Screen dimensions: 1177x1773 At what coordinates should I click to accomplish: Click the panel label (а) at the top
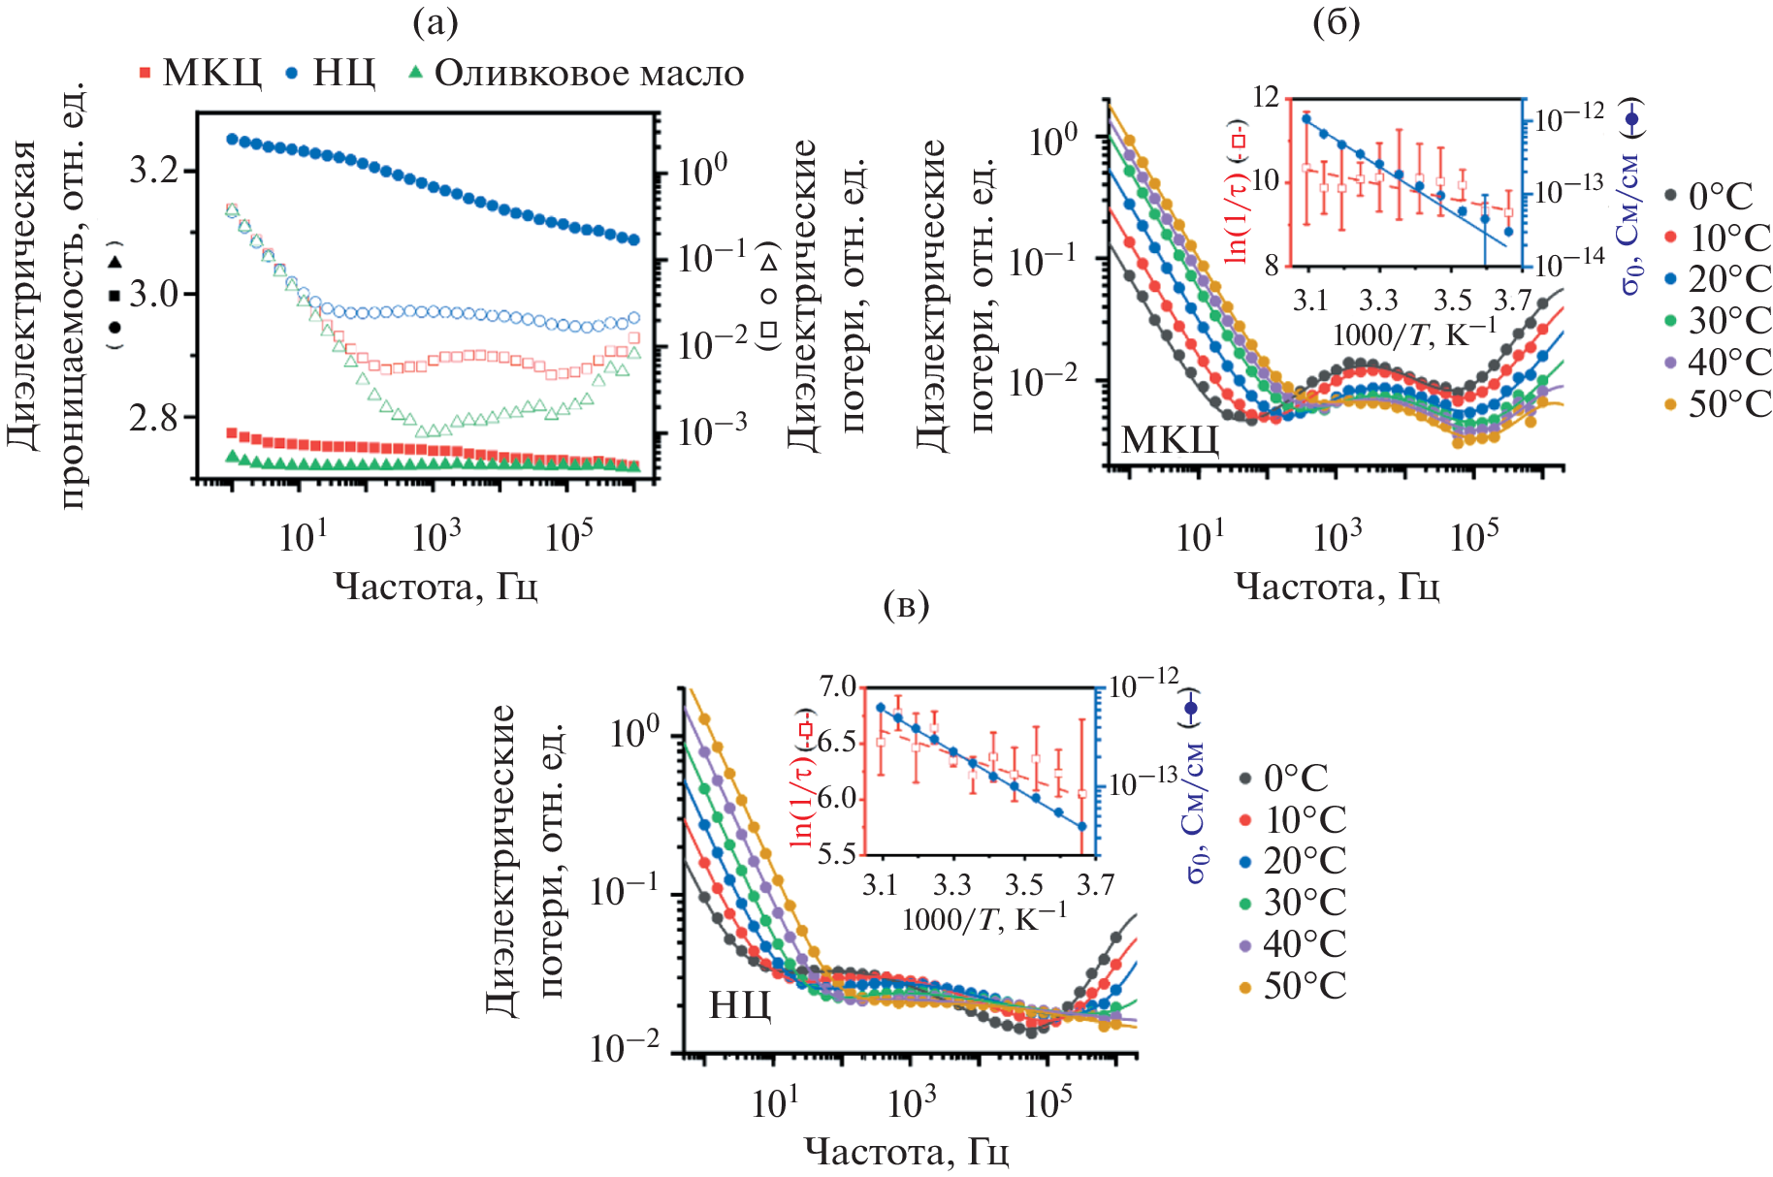tap(435, 22)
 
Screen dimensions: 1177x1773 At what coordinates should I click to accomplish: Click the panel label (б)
tap(1336, 22)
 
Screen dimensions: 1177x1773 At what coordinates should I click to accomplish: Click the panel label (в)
tap(907, 605)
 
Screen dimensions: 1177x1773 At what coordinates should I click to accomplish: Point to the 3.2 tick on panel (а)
tap(155, 171)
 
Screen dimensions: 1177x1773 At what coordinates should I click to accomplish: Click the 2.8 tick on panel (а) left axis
tap(155, 418)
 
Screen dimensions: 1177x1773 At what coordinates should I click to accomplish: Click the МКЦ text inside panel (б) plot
tap(1170, 441)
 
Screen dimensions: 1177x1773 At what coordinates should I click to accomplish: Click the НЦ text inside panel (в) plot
tap(740, 1005)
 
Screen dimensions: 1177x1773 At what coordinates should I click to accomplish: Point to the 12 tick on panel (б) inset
tap(1267, 97)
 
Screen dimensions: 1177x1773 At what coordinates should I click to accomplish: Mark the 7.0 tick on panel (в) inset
tap(838, 686)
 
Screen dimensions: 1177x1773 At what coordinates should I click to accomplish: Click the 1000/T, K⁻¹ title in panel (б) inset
tap(1415, 335)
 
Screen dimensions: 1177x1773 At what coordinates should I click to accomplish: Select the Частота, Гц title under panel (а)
tap(435, 587)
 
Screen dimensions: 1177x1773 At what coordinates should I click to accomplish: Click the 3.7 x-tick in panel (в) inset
tap(1095, 884)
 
